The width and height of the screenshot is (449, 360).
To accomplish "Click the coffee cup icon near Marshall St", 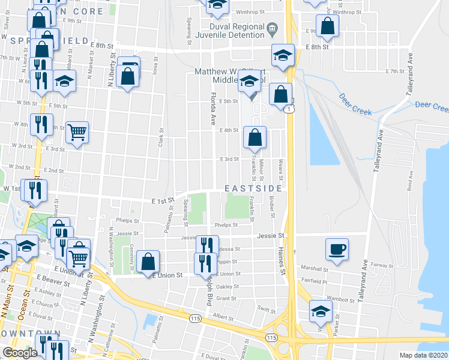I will [337, 248].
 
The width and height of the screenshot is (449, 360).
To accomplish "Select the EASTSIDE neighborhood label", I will [253, 188].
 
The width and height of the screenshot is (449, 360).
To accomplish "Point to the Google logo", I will [20, 353].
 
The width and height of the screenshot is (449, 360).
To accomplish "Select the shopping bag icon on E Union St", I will [148, 262].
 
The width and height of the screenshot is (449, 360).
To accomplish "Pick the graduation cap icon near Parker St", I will [321, 311].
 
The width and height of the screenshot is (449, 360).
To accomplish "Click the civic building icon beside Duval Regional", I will [272, 27].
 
